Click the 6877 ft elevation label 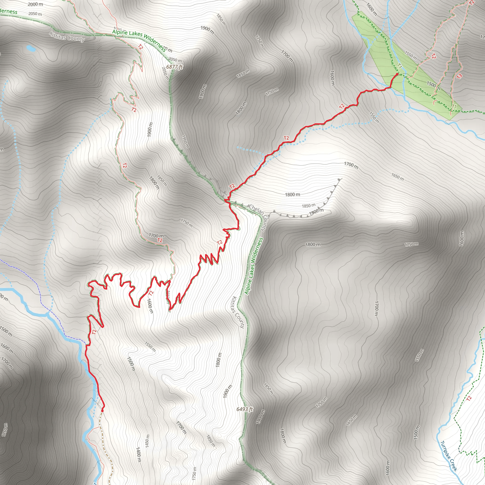[175, 67]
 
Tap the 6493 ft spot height [244, 409]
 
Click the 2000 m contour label [35, 4]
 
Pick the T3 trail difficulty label [459, 76]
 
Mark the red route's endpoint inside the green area [397, 74]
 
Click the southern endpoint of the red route [102, 410]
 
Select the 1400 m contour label [139, 454]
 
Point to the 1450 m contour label [147, 441]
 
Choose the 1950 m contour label [185, 142]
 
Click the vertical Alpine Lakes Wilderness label [254, 266]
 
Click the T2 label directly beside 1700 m [160, 240]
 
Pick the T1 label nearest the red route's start [400, 66]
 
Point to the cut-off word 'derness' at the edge [9, 11]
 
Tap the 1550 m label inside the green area [411, 56]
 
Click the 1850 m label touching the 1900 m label [309, 206]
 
